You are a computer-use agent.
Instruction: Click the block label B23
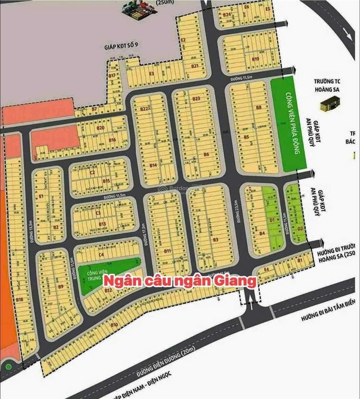coord(197,99)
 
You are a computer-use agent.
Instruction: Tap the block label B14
coord(153,165)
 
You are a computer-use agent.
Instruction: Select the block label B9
coord(61,286)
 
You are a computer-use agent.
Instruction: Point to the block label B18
coord(19,299)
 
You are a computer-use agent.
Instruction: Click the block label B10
coord(115,324)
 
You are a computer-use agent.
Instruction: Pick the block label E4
coord(266,270)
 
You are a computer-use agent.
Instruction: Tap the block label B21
coord(195,66)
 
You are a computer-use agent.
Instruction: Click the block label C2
coord(93,172)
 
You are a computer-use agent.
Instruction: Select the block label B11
coord(168,251)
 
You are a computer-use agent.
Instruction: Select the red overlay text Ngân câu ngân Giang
coord(179,281)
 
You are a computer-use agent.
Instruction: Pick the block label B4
coord(262,234)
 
